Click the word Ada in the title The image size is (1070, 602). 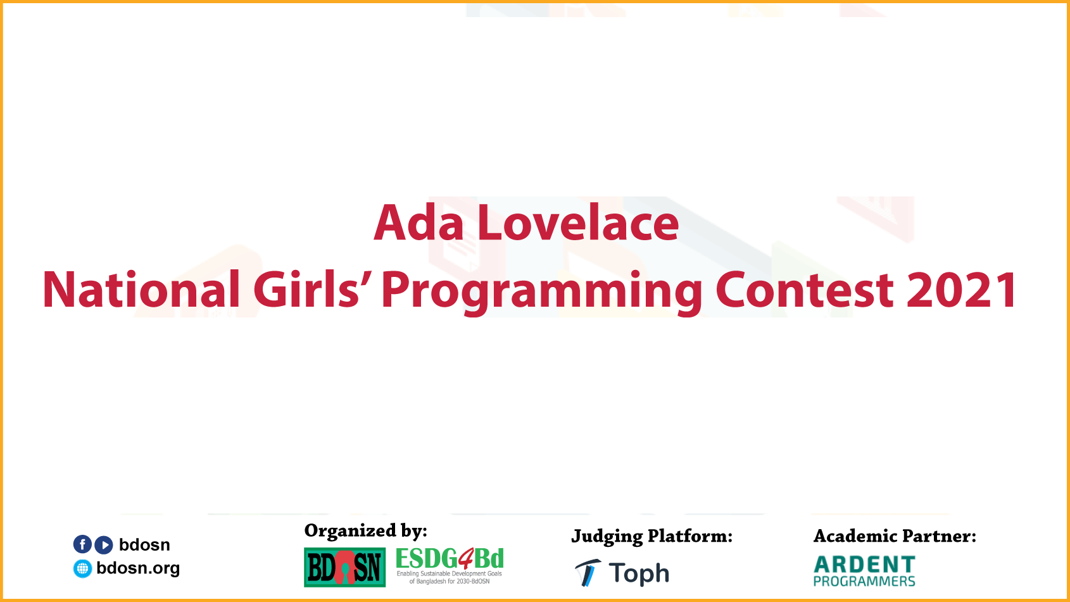pos(419,223)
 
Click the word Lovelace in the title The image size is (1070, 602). pos(578,223)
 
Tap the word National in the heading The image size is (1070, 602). pos(141,290)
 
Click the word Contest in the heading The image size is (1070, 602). pos(804,290)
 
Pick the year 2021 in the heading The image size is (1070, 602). pos(961,290)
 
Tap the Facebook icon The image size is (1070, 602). pos(82,544)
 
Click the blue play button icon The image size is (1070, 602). pos(104,544)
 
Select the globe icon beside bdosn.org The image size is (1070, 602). pos(82,568)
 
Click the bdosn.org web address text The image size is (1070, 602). pos(138,568)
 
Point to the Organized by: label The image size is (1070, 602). pos(366,531)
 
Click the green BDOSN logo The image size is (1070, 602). pos(344,568)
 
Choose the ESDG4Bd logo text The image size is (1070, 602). pos(450,558)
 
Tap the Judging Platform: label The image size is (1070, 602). pos(651,537)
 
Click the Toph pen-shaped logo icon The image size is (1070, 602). pos(588,572)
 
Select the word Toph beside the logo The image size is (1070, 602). pos(639,573)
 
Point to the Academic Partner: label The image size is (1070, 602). pos(895,536)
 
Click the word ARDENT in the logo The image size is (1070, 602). pos(865,565)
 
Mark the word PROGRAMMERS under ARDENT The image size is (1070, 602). pos(865,582)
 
